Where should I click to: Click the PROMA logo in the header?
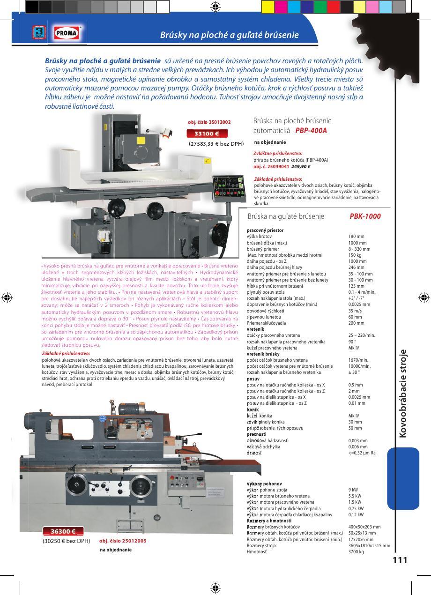[67, 33]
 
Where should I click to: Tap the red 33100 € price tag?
[207, 134]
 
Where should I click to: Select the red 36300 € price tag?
[63, 531]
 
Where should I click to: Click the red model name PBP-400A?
[311, 131]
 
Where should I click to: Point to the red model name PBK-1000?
[365, 216]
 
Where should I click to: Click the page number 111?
[400, 560]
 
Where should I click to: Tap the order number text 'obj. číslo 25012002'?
[209, 122]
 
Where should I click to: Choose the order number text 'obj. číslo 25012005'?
[123, 541]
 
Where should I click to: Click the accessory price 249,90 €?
[301, 167]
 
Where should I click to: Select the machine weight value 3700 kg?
[356, 552]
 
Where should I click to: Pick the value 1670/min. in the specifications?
[358, 360]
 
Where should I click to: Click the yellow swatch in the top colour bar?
[268, 7]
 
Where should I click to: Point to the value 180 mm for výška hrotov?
[357, 237]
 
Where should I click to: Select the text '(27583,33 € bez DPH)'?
[216, 144]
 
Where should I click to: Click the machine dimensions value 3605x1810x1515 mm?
[369, 546]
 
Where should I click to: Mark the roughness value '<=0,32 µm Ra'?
[362, 453]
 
